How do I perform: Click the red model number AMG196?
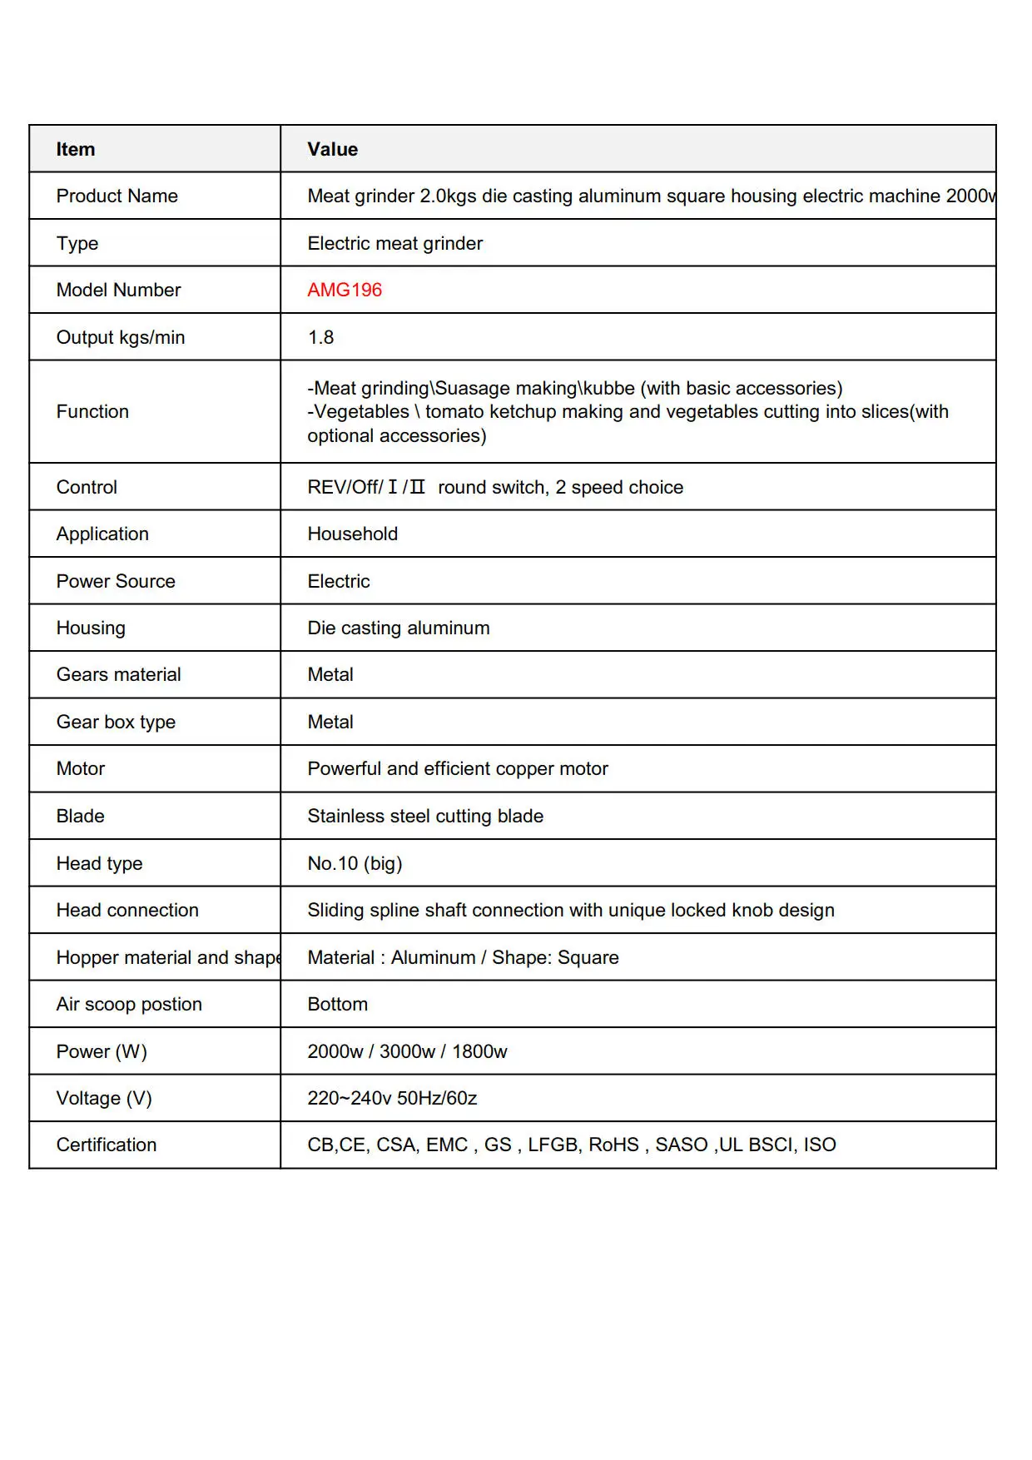pos(345,290)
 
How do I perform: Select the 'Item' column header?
pos(76,149)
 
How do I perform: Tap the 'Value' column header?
pos(333,149)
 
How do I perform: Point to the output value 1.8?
pos(320,337)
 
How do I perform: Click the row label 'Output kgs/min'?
pos(121,337)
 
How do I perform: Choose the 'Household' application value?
pos(353,534)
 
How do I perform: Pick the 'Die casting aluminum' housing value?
pos(399,628)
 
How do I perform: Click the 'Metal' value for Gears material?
pos(330,674)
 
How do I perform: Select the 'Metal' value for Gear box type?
pos(330,722)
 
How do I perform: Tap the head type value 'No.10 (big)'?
pos(355,863)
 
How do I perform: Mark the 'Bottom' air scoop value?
pos(338,1004)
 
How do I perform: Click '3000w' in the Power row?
pos(407,1051)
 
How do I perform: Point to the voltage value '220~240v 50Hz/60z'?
pos(392,1098)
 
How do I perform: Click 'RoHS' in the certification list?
pos(613,1145)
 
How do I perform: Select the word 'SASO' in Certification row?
pos(681,1145)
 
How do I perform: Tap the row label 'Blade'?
pos(81,816)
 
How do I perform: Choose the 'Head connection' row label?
pos(127,910)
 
